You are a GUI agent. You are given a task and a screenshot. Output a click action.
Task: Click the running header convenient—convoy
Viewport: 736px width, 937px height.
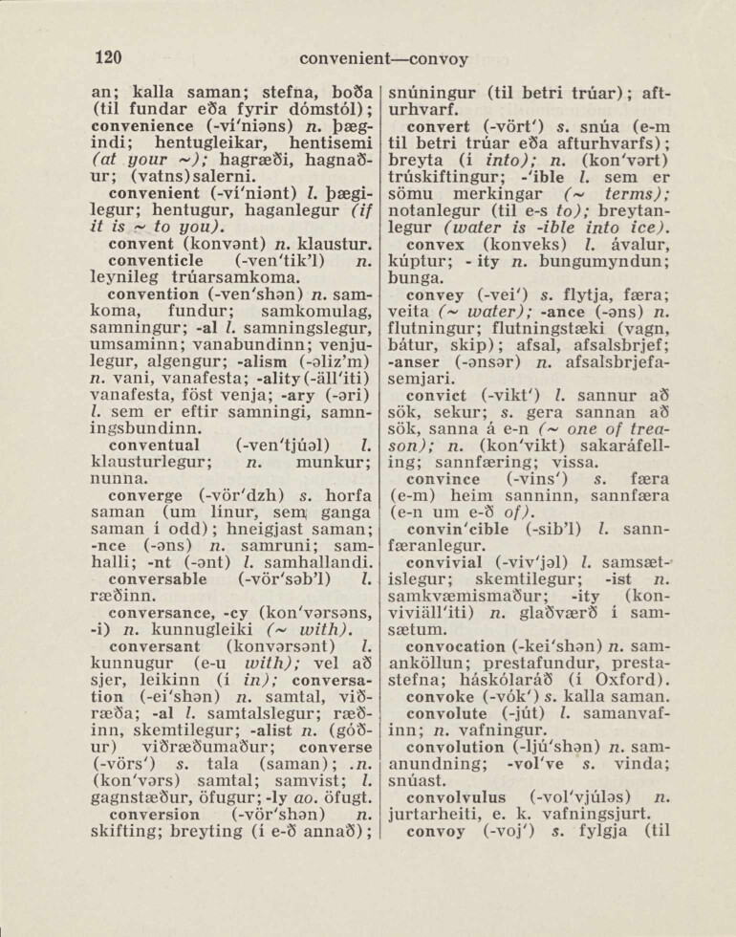(383, 58)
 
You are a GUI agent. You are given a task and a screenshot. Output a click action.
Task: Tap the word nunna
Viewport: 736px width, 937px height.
(116, 480)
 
